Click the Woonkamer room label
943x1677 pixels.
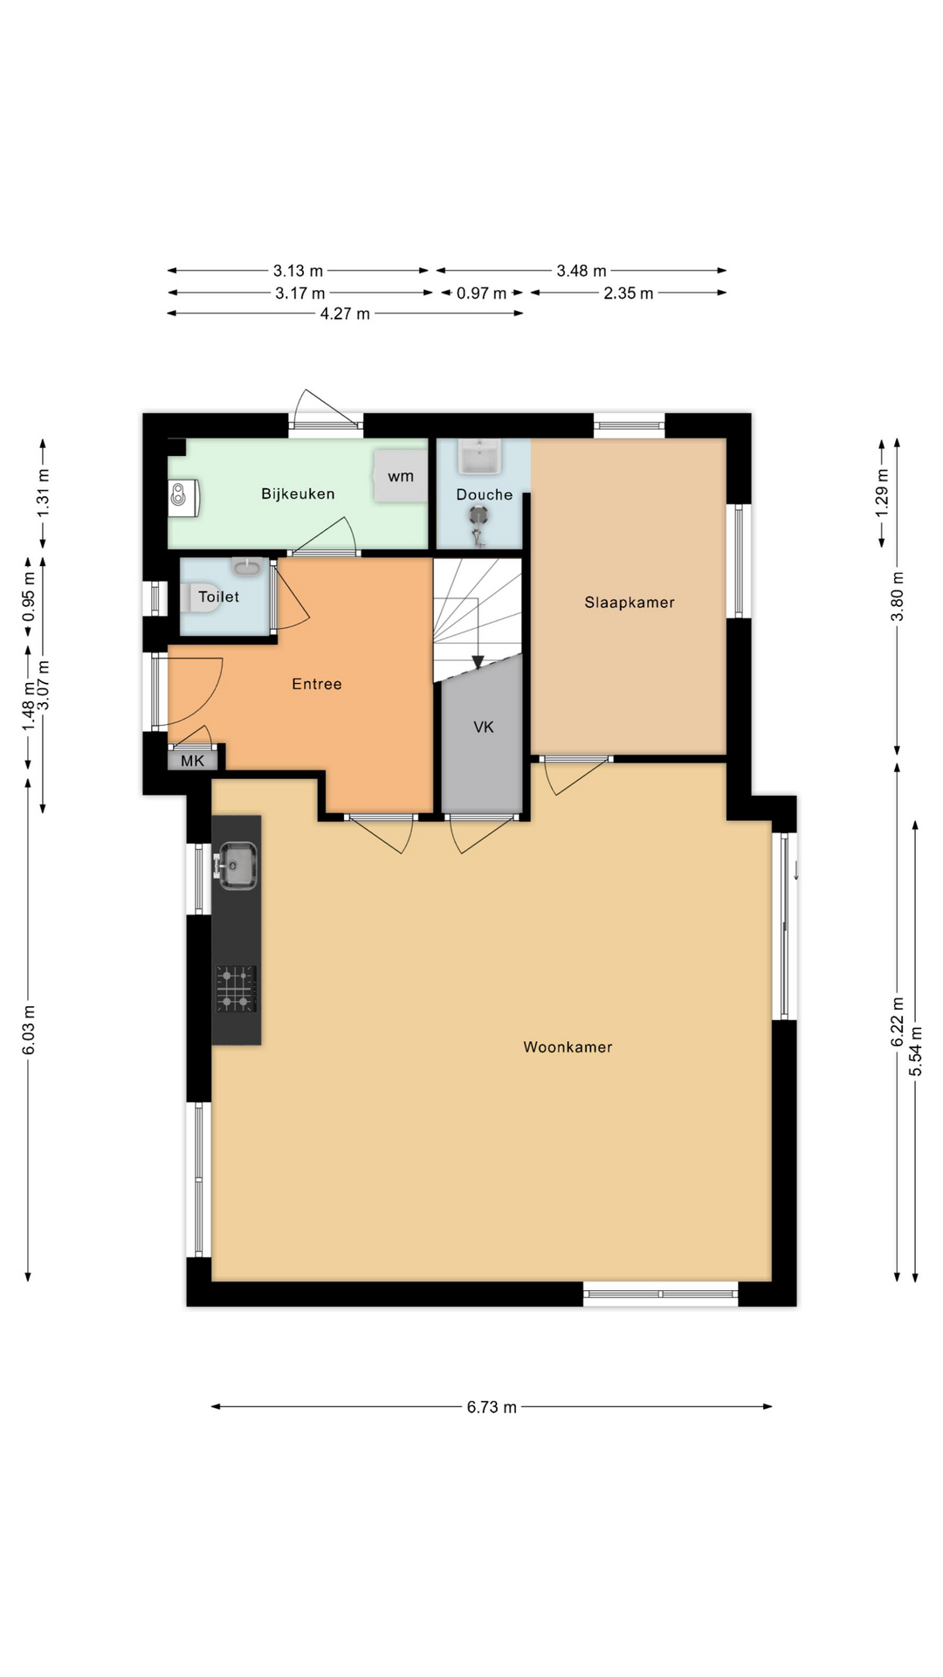568,1046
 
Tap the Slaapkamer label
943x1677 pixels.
629,602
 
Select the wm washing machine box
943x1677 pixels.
401,476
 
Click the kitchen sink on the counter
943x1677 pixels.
237,866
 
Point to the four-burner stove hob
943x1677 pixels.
237,989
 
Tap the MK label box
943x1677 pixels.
192,761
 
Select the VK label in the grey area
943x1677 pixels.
483,727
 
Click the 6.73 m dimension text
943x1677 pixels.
491,1406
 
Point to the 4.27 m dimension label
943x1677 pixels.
345,314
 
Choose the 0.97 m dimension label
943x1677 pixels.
481,293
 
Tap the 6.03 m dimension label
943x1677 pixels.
29,1030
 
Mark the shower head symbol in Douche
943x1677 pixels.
478,516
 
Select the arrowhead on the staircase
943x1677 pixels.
478,662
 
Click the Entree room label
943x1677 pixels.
316,684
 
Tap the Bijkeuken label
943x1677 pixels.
298,493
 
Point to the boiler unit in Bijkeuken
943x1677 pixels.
184,495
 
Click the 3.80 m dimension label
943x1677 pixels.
898,597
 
